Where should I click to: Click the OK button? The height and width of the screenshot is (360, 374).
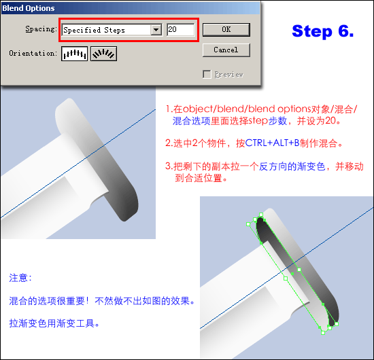click(226, 29)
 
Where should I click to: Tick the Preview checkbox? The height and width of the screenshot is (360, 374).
click(207, 74)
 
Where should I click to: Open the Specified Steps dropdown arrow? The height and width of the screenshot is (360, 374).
click(156, 30)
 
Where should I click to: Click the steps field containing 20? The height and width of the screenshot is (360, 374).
click(181, 29)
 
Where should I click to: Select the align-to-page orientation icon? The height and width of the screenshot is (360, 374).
click(74, 54)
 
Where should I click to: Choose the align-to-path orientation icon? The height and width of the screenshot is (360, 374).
click(103, 54)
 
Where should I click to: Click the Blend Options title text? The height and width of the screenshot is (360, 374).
click(29, 8)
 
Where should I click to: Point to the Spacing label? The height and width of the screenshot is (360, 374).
click(41, 29)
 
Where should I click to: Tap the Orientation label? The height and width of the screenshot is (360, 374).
click(33, 53)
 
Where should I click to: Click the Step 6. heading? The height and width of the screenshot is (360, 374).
click(323, 31)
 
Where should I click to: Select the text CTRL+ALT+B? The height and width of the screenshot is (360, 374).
click(272, 143)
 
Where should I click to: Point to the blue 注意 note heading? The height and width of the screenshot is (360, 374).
click(20, 278)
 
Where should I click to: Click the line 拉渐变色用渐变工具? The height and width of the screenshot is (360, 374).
click(54, 323)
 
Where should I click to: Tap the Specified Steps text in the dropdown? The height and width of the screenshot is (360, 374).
click(94, 30)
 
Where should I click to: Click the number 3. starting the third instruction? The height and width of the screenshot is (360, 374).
click(169, 166)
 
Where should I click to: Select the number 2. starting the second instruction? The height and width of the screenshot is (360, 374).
click(169, 143)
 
